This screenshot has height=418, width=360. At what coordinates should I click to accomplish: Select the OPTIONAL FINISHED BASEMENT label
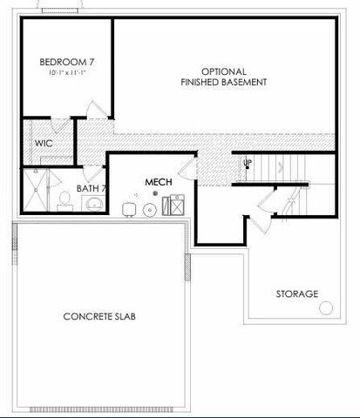pos(223,77)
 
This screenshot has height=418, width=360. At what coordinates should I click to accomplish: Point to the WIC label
pos(44,143)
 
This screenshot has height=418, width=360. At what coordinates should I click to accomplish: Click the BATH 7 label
pos(91,188)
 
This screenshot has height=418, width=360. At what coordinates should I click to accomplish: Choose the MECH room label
pos(158,182)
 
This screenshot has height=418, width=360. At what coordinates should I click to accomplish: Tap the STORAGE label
pos(296,294)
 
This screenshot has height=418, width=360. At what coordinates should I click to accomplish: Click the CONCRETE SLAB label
pos(98,316)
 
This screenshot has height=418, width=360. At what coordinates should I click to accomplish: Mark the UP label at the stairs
pos(248,163)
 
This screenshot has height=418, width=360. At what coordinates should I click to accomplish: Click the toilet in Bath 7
pos(64,204)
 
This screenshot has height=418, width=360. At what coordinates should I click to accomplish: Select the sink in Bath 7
pos(92,204)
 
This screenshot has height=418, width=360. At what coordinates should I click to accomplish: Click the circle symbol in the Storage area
pos(326,307)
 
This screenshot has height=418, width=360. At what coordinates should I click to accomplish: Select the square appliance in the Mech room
pos(173,207)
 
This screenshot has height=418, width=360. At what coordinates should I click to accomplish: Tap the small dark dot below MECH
pos(155,194)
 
